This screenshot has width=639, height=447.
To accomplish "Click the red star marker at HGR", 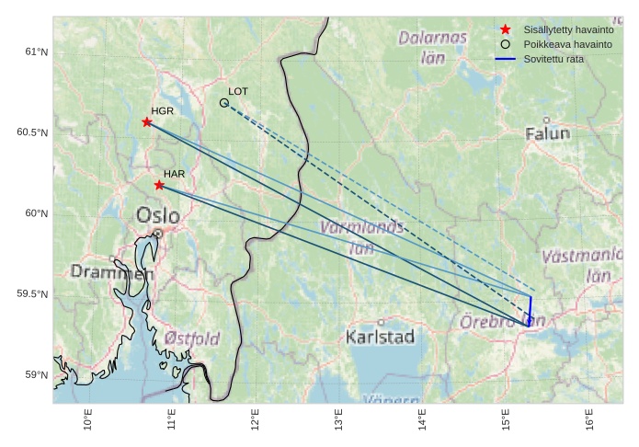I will click(x=147, y=122).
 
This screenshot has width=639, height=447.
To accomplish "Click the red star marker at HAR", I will click(x=159, y=185).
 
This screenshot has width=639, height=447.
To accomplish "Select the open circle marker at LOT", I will click(x=224, y=103).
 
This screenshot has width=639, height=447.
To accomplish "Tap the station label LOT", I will click(x=238, y=92).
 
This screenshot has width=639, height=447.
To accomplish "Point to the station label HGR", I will click(x=162, y=110).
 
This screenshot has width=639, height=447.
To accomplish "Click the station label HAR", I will click(x=175, y=174).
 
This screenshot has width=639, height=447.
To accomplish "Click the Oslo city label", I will click(x=158, y=215).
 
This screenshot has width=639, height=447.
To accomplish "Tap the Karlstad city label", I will click(x=380, y=337).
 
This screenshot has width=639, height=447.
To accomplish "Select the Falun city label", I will click(x=547, y=133).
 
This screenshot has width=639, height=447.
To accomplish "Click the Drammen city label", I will click(x=112, y=272).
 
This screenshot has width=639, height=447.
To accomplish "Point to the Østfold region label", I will click(x=192, y=338).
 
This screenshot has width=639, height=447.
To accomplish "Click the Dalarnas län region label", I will click(x=432, y=47).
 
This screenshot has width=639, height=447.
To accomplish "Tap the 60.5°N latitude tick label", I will click(x=32, y=132).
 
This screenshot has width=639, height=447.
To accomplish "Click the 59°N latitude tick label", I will click(x=36, y=374).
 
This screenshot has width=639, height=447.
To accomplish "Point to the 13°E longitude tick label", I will click(x=339, y=418).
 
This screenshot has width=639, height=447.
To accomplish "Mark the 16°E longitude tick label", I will click(x=589, y=418).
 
